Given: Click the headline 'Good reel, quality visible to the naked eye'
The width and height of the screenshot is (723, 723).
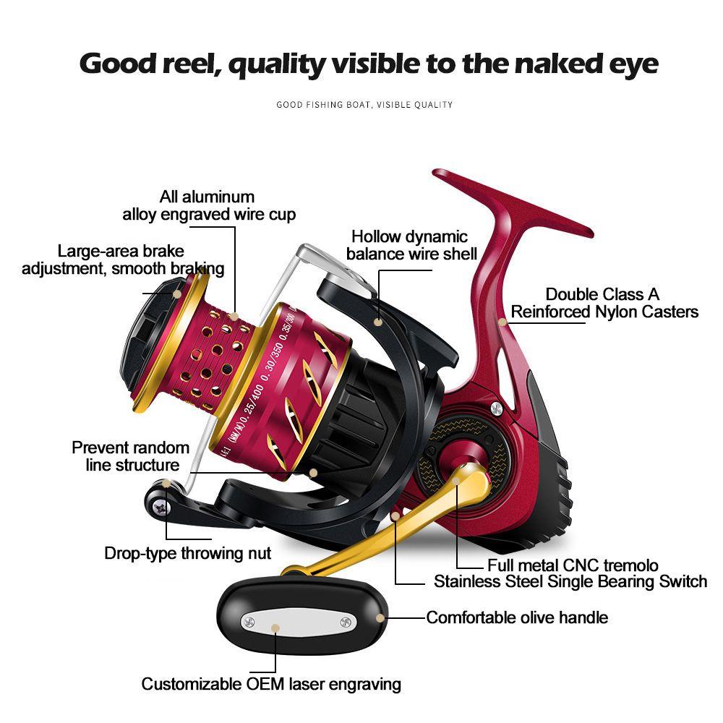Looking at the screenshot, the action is pos(369,64).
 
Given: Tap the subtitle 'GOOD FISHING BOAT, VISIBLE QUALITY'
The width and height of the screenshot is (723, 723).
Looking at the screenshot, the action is pos(364,105).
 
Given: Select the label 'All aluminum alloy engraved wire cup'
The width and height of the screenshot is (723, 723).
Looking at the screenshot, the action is pos(208,205).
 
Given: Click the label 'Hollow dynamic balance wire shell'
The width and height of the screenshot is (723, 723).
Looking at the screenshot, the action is pos(411,245).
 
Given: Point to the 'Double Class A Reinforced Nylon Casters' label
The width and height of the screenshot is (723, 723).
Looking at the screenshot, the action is pos(604,303).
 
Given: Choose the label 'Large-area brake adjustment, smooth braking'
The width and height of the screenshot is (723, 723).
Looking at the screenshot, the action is pos(122,260).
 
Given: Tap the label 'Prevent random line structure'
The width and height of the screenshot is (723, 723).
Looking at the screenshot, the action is pos(131,456).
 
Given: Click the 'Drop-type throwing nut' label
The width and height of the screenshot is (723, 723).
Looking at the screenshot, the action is pos(187,554).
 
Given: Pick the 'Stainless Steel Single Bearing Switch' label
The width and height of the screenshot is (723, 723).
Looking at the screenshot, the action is pos(570,581).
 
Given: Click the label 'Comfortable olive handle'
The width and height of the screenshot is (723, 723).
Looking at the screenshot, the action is pos(517,617).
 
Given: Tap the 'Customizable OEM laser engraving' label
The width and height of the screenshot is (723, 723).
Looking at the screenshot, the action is pos(271,684).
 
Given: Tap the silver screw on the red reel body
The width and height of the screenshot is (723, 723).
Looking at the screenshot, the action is pos(496,409).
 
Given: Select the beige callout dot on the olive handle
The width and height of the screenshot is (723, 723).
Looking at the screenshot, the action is pos(382,617).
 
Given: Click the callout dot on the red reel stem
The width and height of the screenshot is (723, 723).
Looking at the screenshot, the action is pos(502,321).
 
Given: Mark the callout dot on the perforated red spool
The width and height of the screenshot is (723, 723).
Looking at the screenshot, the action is pos(236,316).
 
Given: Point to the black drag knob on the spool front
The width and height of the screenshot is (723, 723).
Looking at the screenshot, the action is pos(148,340).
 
